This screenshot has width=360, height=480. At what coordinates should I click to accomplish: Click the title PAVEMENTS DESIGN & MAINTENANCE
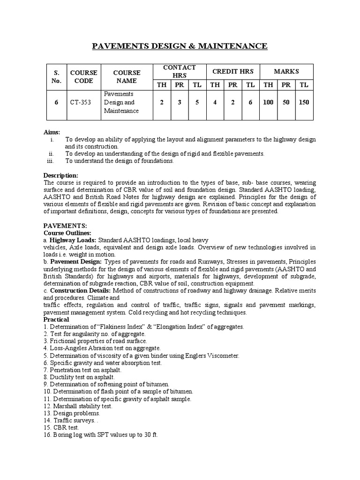(180, 46)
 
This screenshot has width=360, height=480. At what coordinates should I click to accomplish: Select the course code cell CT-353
(83, 102)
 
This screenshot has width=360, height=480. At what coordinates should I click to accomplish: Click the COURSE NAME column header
(127, 76)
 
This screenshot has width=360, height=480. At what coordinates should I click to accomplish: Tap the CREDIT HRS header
(233, 71)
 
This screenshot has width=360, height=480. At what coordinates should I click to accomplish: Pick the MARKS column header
(286, 71)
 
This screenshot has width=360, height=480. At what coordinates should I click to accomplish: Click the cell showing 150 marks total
(304, 102)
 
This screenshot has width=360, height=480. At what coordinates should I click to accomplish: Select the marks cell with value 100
(268, 102)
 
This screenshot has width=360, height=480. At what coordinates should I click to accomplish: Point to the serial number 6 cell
(56, 102)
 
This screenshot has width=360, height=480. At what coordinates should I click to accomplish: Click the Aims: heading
(52, 133)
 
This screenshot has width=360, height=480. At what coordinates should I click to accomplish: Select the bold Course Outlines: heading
(67, 232)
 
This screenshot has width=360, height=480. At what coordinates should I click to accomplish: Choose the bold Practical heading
(57, 319)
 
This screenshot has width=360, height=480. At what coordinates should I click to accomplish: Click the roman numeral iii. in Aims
(52, 161)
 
